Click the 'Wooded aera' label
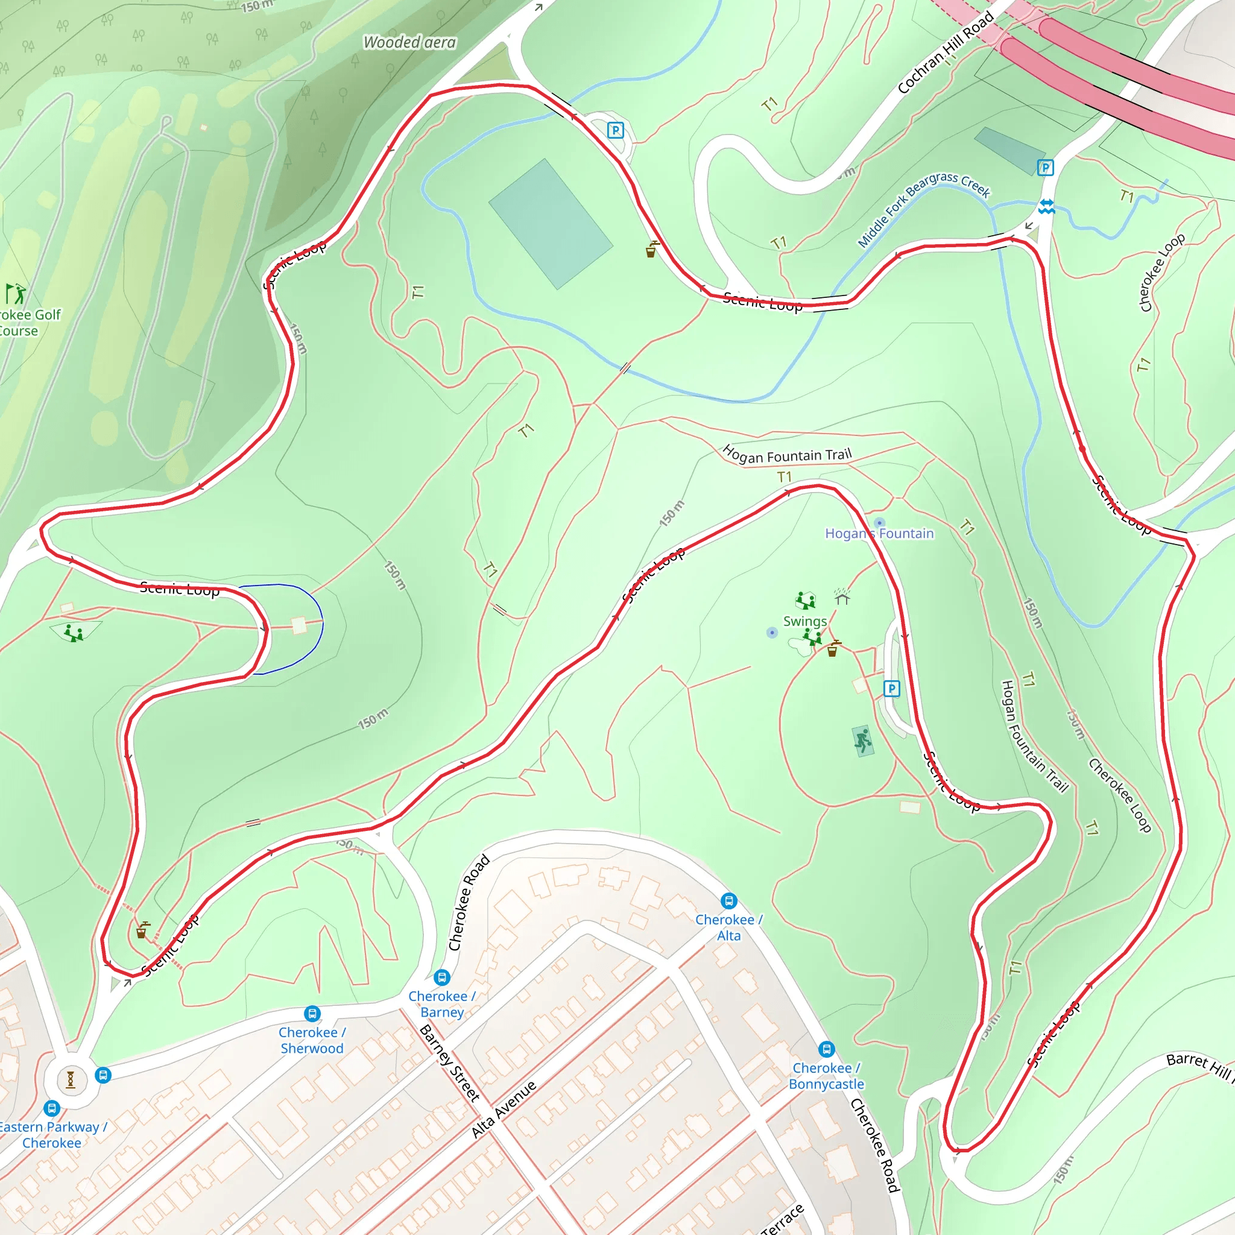click(409, 43)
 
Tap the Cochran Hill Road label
click(946, 52)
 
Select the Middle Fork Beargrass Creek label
click(923, 209)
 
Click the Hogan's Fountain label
click(879, 533)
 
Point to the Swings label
click(805, 621)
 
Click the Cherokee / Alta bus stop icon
click(728, 901)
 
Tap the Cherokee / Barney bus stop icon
click(441, 978)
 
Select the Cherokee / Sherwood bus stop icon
click(312, 1013)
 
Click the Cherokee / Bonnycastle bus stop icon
click(827, 1049)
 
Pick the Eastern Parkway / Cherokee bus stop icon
click(52, 1108)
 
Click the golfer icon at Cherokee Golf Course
click(16, 294)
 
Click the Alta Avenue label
click(504, 1110)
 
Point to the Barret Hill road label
click(1199, 1065)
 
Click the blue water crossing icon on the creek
click(1046, 206)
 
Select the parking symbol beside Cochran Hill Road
click(1045, 168)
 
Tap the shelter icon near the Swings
click(842, 597)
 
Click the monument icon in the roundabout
click(71, 1079)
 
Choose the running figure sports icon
click(863, 741)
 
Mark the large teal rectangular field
click(551, 224)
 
